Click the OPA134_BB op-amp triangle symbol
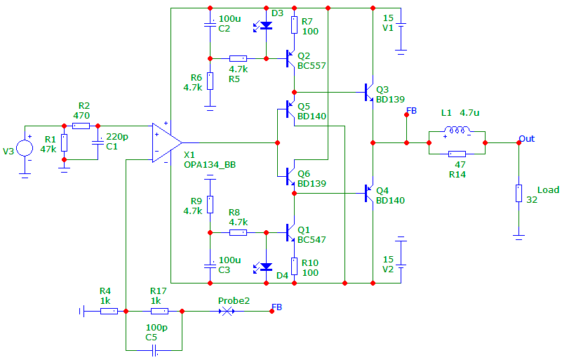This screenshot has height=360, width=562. tap(167, 142)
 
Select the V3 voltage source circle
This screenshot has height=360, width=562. tap(25, 148)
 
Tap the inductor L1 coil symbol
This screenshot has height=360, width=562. tap(457, 129)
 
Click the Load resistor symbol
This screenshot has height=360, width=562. tap(518, 193)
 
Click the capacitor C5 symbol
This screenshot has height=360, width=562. tap(154, 350)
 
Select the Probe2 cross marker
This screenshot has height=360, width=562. tap(227, 312)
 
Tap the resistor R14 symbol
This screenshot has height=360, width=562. tap(457, 154)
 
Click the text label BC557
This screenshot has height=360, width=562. tap(312, 66)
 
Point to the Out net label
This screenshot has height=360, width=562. tap(526, 139)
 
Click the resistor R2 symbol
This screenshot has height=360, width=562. tap(81, 126)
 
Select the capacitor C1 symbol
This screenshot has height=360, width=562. tap(98, 142)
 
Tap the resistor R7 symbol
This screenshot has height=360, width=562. tap(294, 25)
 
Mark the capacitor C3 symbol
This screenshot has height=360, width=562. tap(210, 266)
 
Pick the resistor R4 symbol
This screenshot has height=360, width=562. tap(109, 312)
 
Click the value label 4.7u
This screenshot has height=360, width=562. tap(469, 112)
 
